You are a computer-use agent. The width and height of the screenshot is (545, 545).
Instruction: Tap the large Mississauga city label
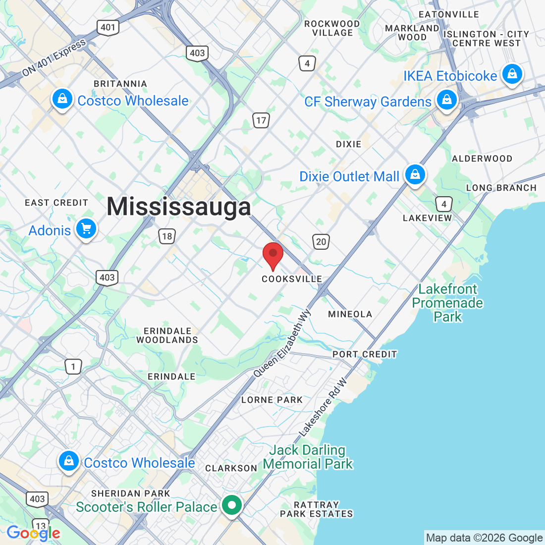tap(178, 207)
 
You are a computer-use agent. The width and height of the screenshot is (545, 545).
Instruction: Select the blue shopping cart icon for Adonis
tap(86, 229)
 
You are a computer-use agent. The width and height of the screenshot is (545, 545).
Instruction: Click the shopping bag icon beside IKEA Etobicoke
tap(512, 74)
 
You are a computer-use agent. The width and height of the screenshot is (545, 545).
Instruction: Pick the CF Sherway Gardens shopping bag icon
tap(447, 100)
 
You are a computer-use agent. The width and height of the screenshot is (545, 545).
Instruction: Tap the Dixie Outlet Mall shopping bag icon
tap(415, 175)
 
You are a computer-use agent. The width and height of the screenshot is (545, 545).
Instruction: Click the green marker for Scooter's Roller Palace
tap(231, 505)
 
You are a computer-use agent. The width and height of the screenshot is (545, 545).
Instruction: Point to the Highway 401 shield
tap(108, 27)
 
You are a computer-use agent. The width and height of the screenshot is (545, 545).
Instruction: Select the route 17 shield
tap(261, 120)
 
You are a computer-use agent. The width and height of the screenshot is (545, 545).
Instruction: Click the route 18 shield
tap(167, 236)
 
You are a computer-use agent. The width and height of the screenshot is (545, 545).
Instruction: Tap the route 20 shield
tap(321, 242)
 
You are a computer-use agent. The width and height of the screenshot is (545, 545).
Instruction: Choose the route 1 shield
tap(73, 367)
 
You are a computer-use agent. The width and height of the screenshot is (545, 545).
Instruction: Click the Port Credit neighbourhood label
tap(365, 354)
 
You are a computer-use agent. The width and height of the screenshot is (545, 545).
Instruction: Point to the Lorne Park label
tap(272, 400)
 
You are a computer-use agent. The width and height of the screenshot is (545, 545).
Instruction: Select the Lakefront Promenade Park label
tap(447, 303)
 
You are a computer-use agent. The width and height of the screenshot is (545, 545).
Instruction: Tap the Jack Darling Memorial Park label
tap(308, 457)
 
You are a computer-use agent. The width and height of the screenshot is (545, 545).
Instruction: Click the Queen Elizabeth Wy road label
tap(282, 343)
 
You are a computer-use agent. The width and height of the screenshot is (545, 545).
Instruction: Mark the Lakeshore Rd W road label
tap(323, 407)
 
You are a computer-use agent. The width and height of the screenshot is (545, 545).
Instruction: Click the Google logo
tap(33, 533)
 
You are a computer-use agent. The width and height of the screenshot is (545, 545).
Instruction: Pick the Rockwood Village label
tap(332, 28)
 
